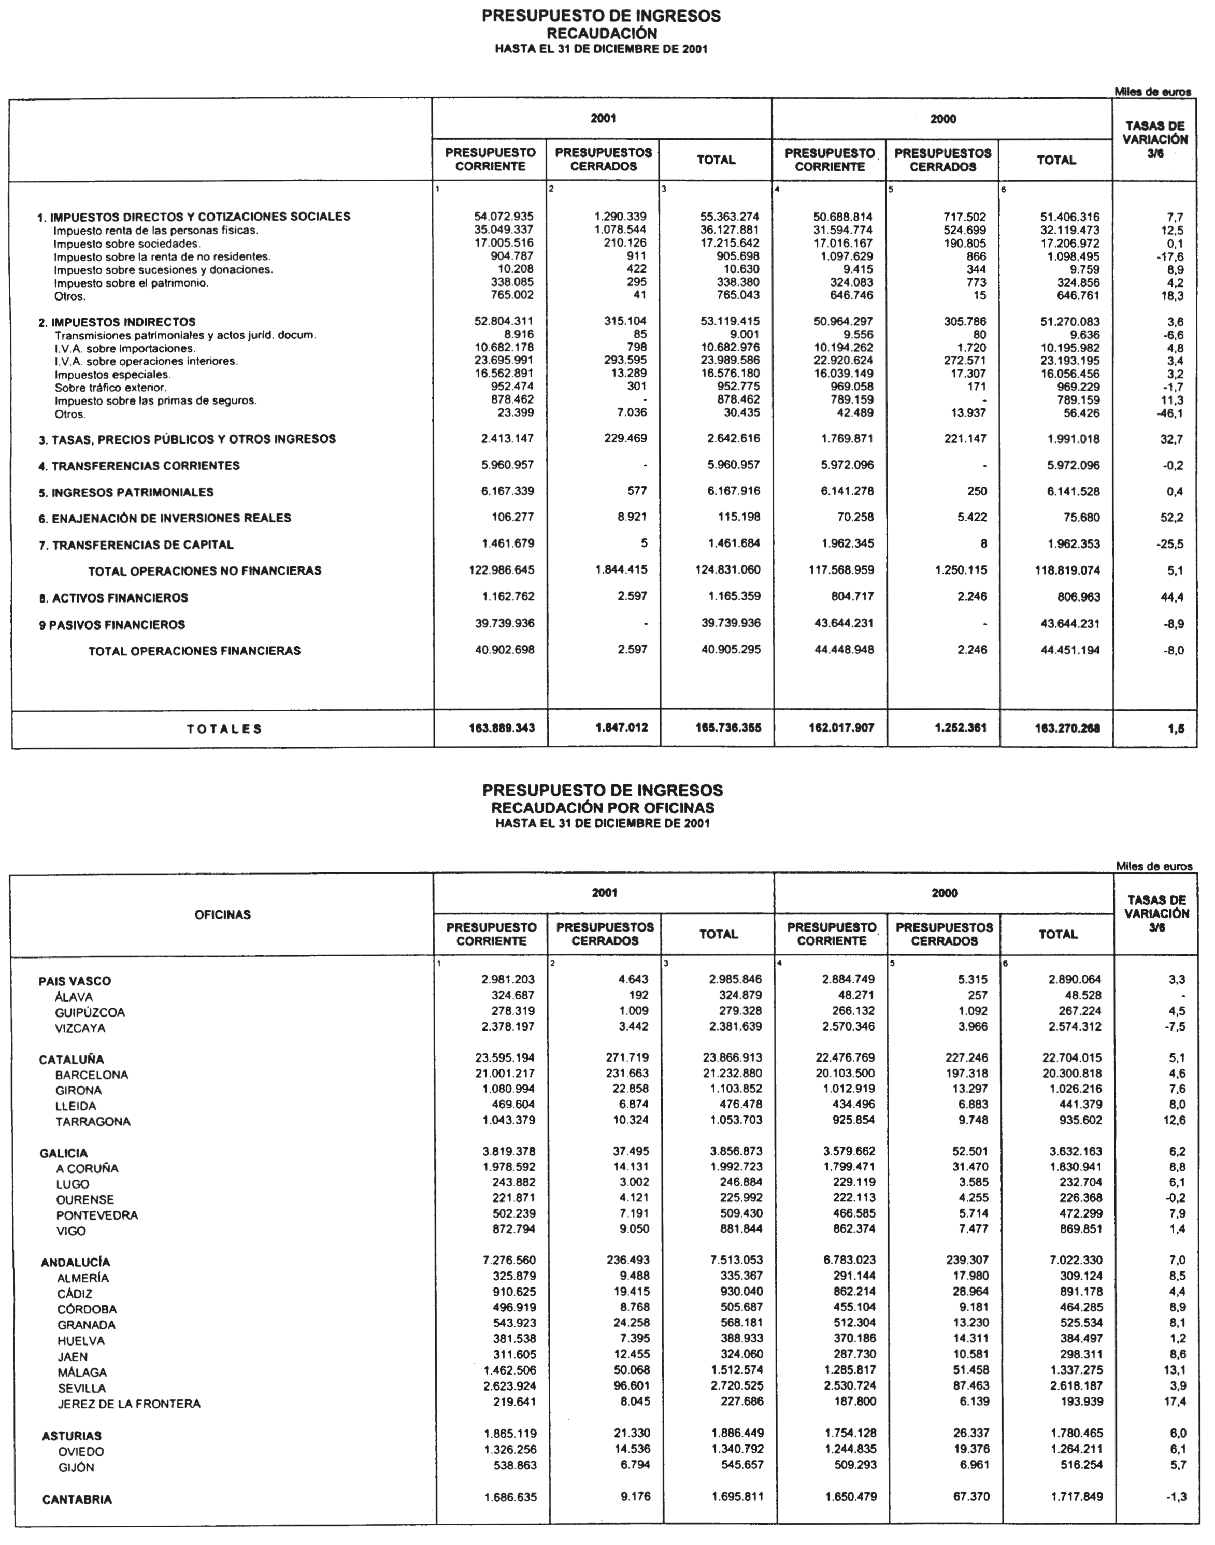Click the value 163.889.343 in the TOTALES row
coord(502,728)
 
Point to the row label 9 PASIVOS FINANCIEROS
coord(112,624)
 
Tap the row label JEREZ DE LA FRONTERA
coord(129,1404)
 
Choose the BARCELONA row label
coord(92,1075)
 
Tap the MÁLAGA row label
coord(82,1372)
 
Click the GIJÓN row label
coord(76,1467)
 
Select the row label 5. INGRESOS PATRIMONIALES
coord(125,492)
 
